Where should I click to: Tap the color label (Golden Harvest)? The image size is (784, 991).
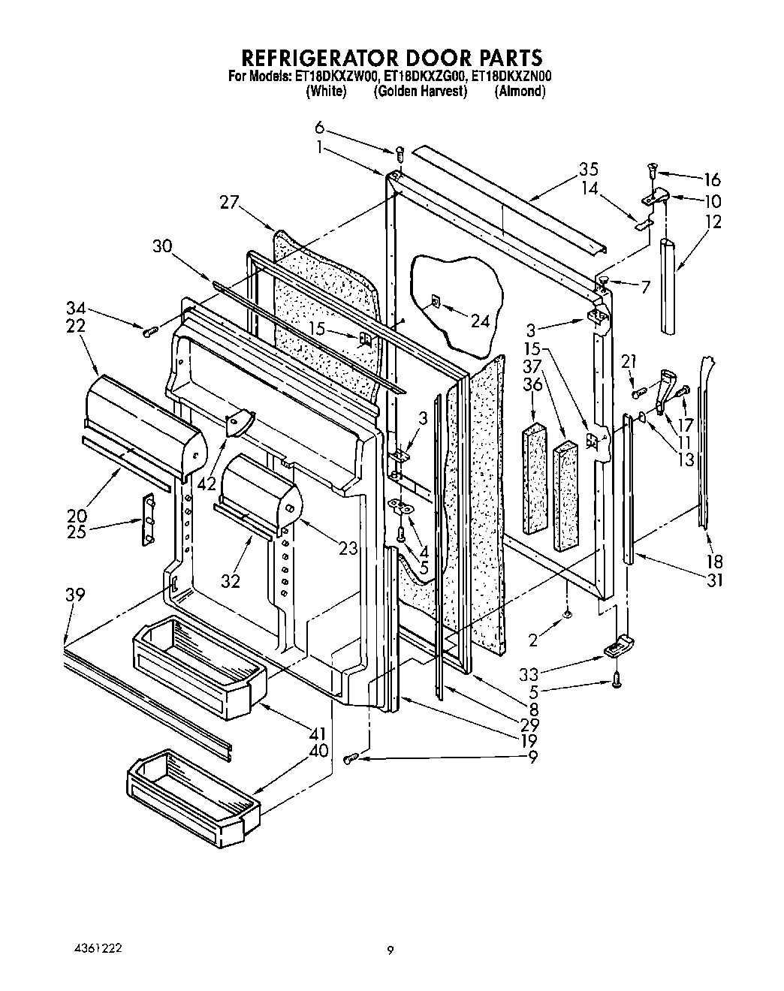click(420, 91)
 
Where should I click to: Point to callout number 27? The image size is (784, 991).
click(230, 201)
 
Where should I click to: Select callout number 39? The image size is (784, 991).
click(74, 595)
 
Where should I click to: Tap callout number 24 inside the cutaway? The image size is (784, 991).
click(480, 321)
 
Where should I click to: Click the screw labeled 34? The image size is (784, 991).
click(149, 330)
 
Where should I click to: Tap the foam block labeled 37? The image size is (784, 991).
click(566, 495)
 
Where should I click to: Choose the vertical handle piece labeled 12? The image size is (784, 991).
click(668, 285)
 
